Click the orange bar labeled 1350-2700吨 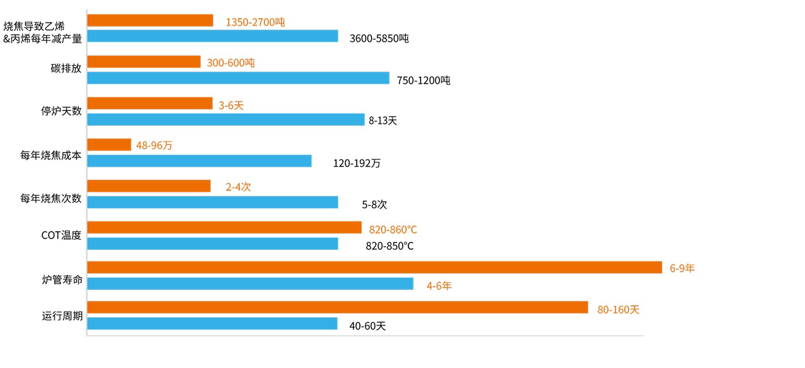point(150,21)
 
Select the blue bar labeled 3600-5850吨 point(212,36)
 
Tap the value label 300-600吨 point(230,63)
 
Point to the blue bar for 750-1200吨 point(238,78)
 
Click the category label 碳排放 point(66,69)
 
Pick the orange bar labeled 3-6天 point(149,103)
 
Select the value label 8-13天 point(383,121)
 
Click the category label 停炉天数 point(61,111)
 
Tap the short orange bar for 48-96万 point(109,144)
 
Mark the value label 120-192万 point(356,164)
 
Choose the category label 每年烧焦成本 point(51,155)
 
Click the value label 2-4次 point(238,187)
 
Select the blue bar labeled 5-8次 point(212,202)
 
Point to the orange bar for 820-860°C point(224,227)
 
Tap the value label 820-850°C point(390,246)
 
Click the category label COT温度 point(61,235)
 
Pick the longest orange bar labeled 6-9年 point(374,267)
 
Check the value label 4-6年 point(439,286)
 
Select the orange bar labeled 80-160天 point(337,307)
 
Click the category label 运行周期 point(62,316)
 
